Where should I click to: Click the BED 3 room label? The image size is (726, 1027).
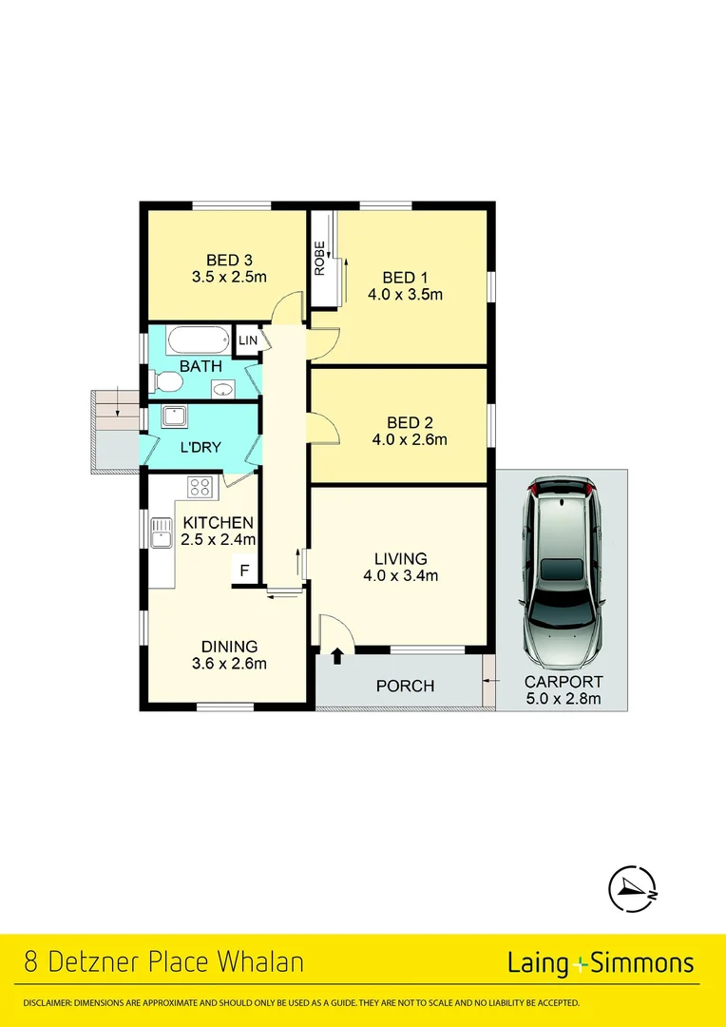228,260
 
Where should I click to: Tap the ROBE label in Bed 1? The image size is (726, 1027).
320,259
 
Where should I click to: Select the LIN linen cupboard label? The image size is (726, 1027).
247,340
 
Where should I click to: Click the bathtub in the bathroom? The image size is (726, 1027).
198,339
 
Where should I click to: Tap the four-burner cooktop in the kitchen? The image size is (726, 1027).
200,487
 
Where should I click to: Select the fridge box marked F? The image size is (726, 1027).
244,571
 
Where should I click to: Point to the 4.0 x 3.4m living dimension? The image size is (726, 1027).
400,575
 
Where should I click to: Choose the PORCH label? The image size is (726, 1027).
405,686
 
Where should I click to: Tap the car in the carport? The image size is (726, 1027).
562,571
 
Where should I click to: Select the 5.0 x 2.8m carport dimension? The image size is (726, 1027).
563,700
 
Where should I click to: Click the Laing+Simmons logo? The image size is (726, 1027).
601,963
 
